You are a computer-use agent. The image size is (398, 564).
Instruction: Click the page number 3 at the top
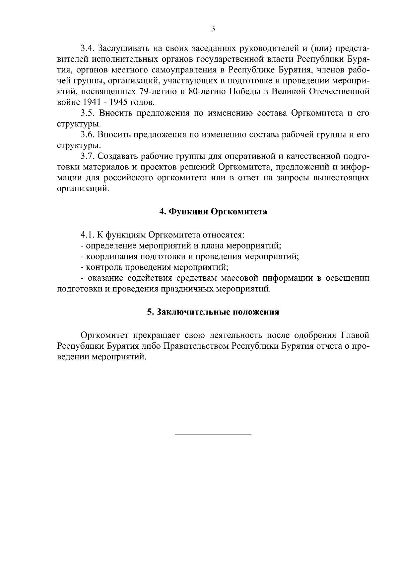213,29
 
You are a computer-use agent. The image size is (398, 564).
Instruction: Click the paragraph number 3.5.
88,113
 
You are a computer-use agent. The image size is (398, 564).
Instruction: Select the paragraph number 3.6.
88,135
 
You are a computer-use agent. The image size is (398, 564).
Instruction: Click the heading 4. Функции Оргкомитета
213,212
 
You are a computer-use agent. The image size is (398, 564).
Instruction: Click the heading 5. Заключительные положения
213,312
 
